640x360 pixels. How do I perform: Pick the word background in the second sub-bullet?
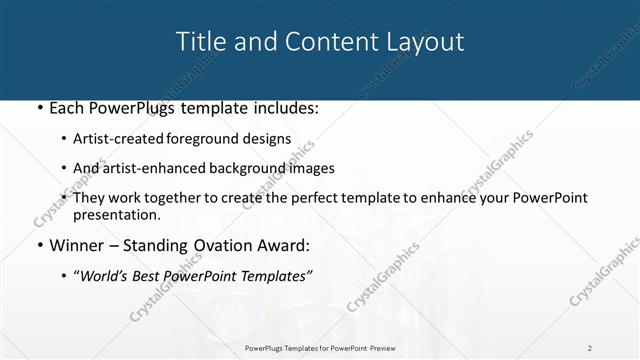point(246,169)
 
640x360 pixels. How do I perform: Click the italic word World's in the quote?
point(111,276)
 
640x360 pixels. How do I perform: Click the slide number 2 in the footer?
point(590,347)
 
